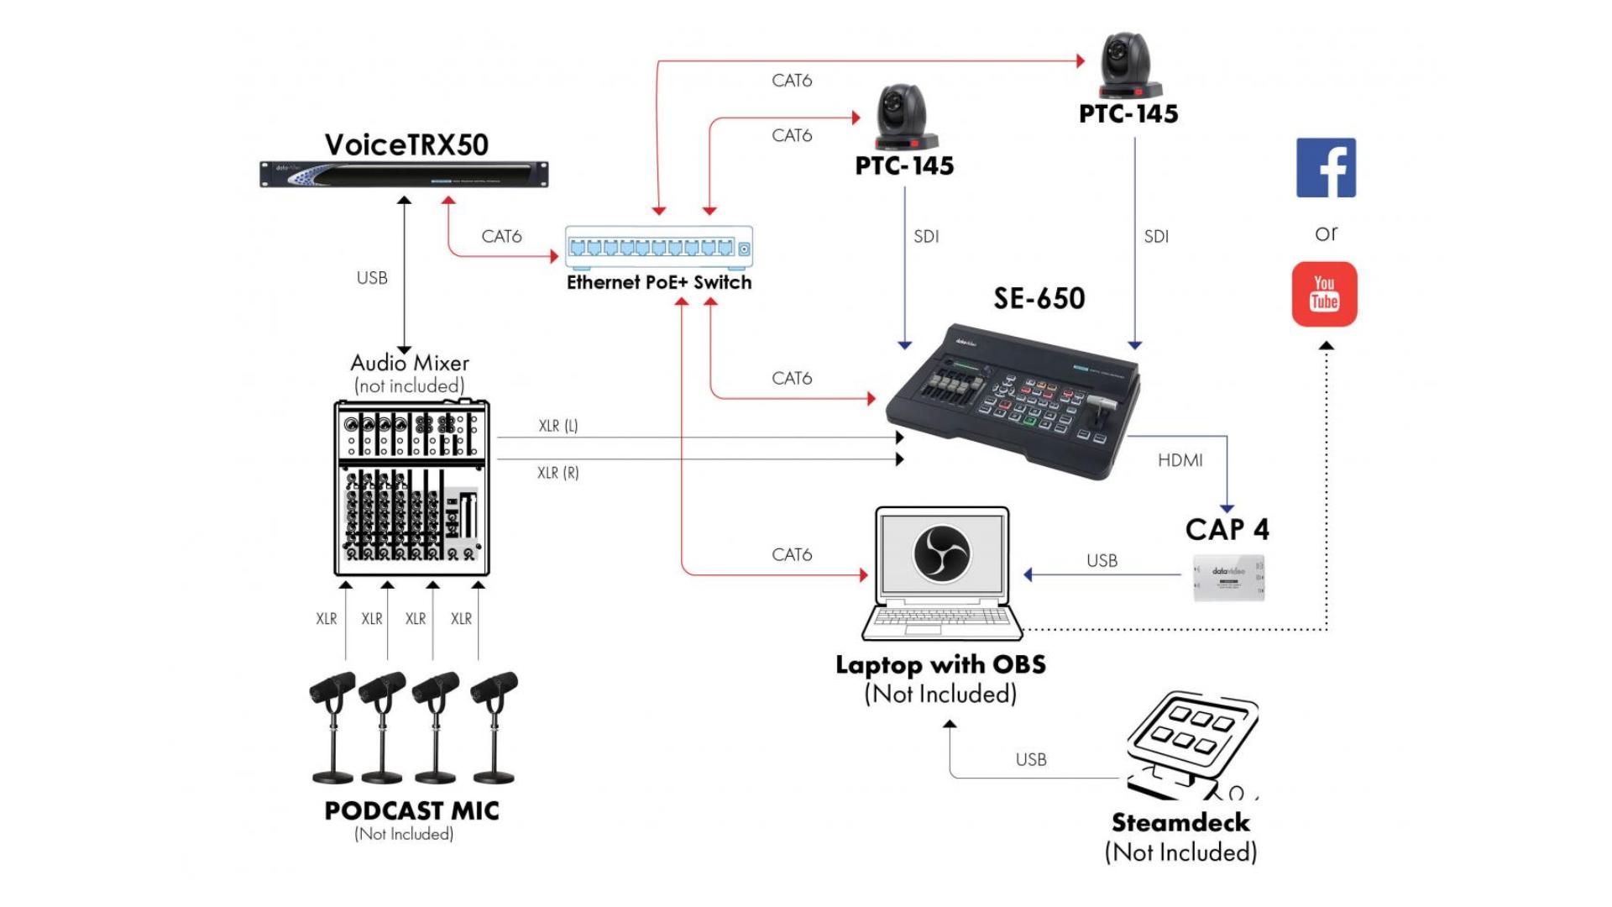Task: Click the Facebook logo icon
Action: pyautogui.click(x=1326, y=168)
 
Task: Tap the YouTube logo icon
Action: pyautogui.click(x=1324, y=294)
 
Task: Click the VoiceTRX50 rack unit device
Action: pyautogui.click(x=404, y=174)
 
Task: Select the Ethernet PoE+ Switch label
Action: pyautogui.click(x=659, y=282)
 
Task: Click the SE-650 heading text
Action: pyautogui.click(x=1039, y=298)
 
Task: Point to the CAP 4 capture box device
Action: pyautogui.click(x=1228, y=578)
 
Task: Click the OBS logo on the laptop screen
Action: pyautogui.click(x=941, y=553)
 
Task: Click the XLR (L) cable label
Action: pyautogui.click(x=558, y=426)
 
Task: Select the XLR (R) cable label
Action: pyautogui.click(x=558, y=473)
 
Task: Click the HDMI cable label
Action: pyautogui.click(x=1180, y=460)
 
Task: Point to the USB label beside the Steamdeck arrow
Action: pyautogui.click(x=1031, y=759)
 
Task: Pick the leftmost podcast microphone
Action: pyautogui.click(x=333, y=726)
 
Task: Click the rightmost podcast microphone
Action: pyautogui.click(x=495, y=726)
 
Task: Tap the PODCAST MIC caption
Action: pyautogui.click(x=411, y=810)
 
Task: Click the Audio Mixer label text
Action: pyautogui.click(x=410, y=363)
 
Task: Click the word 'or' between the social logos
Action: pyautogui.click(x=1326, y=233)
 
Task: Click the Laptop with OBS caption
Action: pyautogui.click(x=940, y=665)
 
